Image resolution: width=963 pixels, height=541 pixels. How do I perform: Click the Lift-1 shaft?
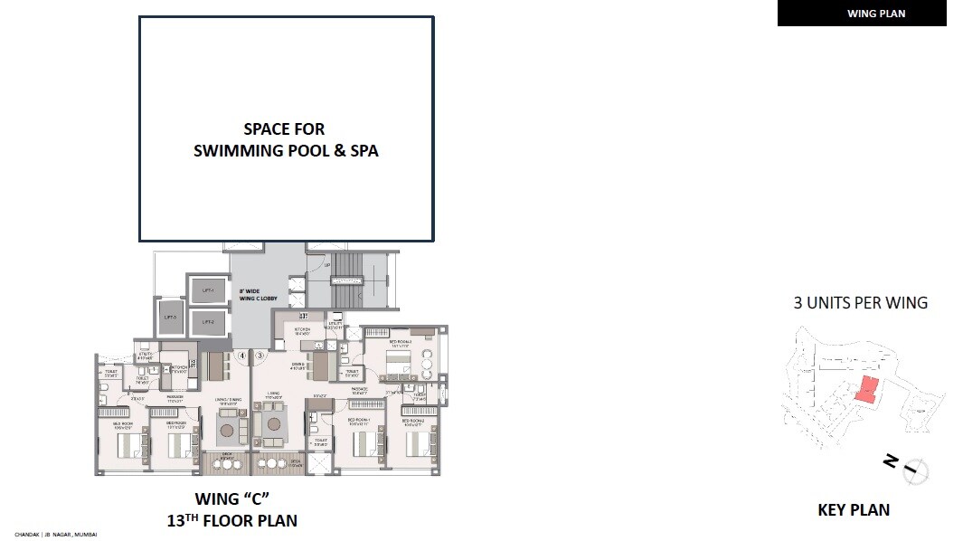pyautogui.click(x=207, y=290)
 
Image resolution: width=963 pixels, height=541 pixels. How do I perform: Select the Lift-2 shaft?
pyautogui.click(x=207, y=320)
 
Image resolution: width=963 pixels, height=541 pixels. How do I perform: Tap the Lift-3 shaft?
pyautogui.click(x=171, y=318)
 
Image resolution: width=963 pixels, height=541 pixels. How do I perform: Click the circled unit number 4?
pyautogui.click(x=242, y=356)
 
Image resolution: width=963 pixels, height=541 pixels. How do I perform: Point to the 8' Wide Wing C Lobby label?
pyautogui.click(x=250, y=294)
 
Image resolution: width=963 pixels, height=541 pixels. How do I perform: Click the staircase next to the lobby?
pyautogui.click(x=346, y=280)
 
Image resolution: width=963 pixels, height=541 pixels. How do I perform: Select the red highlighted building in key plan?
pyautogui.click(x=866, y=389)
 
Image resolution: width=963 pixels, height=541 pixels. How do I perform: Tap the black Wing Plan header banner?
pyautogui.click(x=862, y=13)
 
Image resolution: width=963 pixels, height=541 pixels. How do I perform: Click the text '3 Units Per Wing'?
pyautogui.click(x=860, y=303)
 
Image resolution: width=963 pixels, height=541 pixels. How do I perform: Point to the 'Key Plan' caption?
pyautogui.click(x=854, y=510)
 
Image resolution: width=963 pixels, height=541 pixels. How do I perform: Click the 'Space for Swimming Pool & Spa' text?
pyautogui.click(x=286, y=140)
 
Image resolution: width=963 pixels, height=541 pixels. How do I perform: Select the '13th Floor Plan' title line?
pyautogui.click(x=232, y=520)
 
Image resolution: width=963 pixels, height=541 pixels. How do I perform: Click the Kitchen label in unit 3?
pyautogui.click(x=301, y=329)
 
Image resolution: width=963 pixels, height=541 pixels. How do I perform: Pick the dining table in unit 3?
pyautogui.click(x=320, y=366)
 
